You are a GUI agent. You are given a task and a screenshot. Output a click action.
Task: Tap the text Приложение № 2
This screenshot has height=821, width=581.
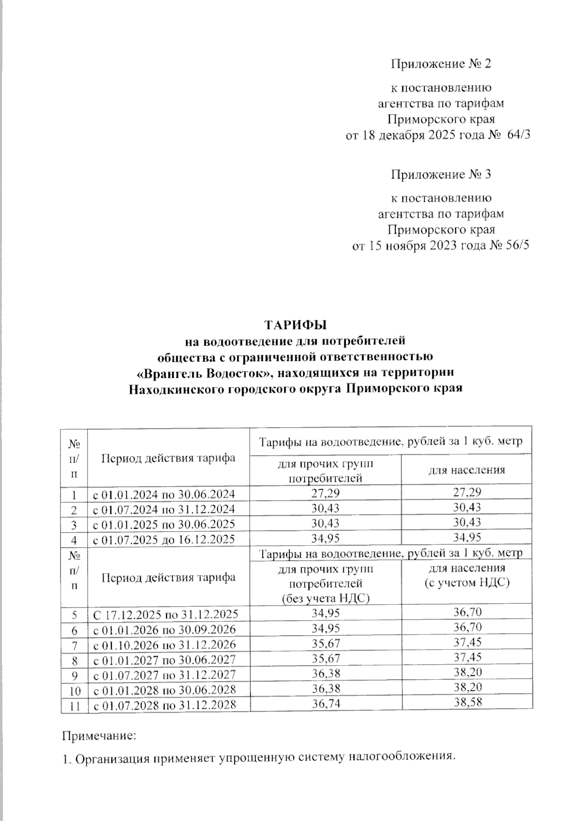tap(441, 64)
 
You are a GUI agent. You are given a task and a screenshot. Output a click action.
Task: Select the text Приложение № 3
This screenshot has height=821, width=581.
tap(441, 174)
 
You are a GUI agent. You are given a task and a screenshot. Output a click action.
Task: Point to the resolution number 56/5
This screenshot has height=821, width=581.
tap(517, 245)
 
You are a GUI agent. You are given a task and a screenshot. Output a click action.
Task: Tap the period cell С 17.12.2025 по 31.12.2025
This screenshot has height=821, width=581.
tap(165, 614)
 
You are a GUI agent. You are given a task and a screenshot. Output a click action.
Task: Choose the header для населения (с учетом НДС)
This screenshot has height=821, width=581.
tap(467, 575)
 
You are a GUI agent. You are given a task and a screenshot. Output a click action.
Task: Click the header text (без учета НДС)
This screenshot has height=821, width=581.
tap(326, 598)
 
